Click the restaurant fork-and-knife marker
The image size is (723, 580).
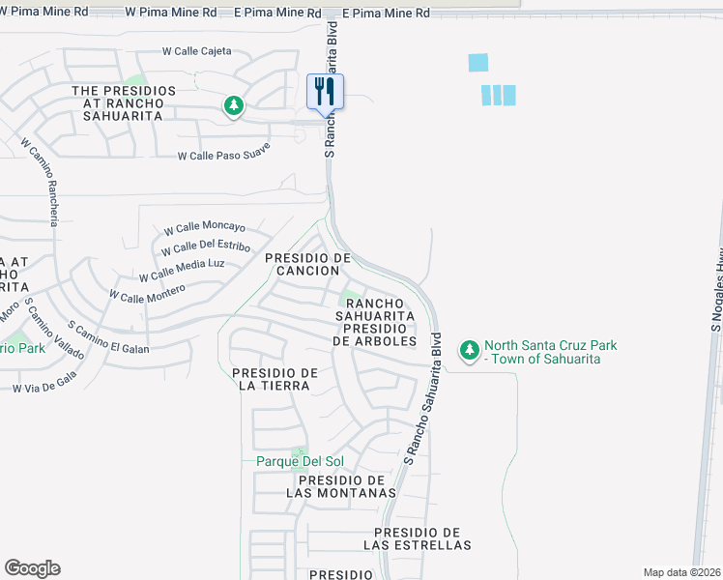click(326, 93)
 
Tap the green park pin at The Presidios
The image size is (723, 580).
click(233, 105)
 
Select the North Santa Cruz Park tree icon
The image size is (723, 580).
click(470, 350)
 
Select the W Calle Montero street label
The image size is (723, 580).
click(146, 287)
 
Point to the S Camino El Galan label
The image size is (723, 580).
click(109, 335)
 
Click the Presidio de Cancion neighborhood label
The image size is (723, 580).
click(307, 264)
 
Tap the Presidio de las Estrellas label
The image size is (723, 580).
click(417, 538)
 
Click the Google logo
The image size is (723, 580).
click(32, 568)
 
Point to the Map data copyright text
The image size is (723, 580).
click(682, 572)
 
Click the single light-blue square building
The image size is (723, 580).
click(478, 63)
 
